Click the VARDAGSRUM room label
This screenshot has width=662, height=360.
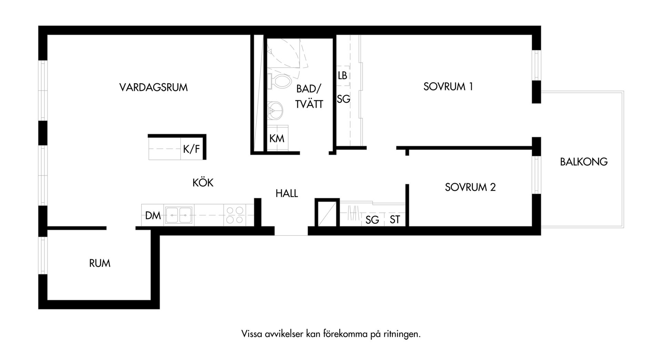point(153,87)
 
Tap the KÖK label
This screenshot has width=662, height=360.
point(203,182)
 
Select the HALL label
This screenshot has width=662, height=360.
point(287,193)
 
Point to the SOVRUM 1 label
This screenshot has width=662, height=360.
point(448,87)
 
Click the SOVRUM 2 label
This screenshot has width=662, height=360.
point(470,187)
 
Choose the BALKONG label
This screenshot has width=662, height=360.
point(584,162)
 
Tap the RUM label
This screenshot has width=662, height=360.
point(100,263)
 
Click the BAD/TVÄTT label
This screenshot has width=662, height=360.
point(309,97)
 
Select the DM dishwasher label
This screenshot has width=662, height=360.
point(153,216)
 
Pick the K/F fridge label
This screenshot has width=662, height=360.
point(191,149)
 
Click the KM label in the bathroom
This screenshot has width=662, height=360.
point(277,139)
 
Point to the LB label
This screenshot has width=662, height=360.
point(342,76)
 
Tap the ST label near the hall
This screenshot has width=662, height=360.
point(395,219)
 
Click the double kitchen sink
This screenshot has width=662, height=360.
point(179,216)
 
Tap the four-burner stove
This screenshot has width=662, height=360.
point(235,215)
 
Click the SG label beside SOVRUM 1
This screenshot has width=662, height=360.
point(343,99)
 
